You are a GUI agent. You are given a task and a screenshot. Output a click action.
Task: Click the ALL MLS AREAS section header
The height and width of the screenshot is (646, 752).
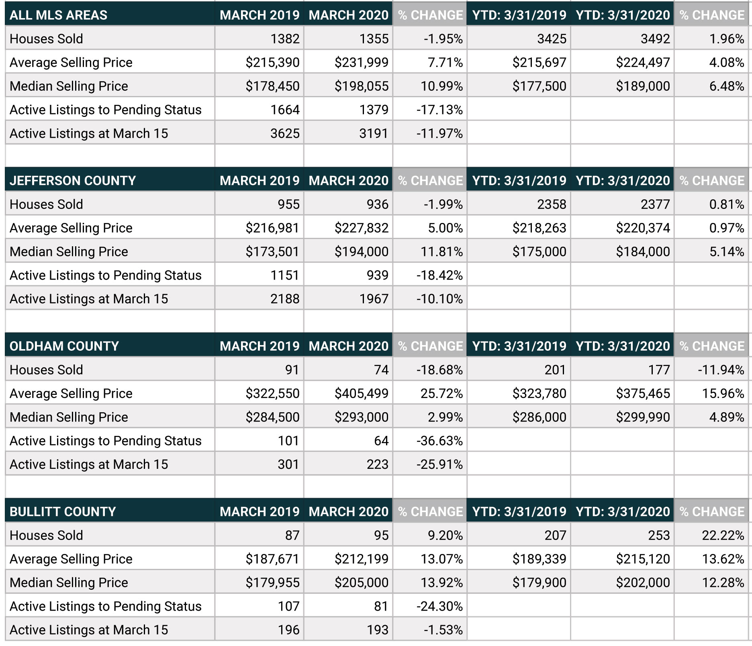click(58, 15)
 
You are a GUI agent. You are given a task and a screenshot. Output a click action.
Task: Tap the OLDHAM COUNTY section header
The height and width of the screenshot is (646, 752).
click(64, 346)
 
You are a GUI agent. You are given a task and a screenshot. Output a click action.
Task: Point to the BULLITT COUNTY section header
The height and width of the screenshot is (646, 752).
click(63, 512)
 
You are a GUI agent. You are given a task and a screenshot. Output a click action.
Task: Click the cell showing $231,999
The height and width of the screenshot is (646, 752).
click(362, 62)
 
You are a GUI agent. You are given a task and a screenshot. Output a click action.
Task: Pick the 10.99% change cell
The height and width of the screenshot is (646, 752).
click(441, 86)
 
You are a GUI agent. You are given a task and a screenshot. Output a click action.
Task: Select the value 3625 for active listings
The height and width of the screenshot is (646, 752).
click(285, 133)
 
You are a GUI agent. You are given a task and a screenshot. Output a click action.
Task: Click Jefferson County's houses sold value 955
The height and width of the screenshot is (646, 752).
click(288, 204)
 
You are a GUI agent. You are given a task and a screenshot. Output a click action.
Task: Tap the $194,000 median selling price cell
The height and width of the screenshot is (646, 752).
click(362, 251)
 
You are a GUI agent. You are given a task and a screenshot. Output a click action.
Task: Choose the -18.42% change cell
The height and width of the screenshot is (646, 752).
click(439, 275)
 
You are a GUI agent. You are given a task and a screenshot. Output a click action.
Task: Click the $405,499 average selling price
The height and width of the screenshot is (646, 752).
click(362, 393)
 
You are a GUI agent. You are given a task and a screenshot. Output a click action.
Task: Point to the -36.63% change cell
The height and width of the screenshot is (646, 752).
click(439, 441)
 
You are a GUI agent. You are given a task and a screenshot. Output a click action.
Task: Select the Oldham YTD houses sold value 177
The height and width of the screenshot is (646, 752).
click(659, 370)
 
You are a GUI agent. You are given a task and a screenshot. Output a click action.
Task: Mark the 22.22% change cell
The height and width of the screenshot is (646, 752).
click(723, 535)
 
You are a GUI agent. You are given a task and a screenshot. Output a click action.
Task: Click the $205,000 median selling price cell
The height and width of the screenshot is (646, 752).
click(362, 583)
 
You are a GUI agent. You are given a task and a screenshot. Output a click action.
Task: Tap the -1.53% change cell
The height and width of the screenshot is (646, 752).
click(443, 630)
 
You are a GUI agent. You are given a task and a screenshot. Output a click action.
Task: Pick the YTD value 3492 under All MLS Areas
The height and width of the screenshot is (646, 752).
click(655, 39)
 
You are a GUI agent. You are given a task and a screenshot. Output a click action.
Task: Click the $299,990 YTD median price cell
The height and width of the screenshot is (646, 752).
click(643, 417)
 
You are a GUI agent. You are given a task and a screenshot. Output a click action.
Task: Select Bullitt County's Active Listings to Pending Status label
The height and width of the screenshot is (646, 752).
click(105, 606)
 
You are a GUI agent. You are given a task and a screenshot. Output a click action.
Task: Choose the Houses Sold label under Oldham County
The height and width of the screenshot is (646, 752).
click(46, 370)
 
